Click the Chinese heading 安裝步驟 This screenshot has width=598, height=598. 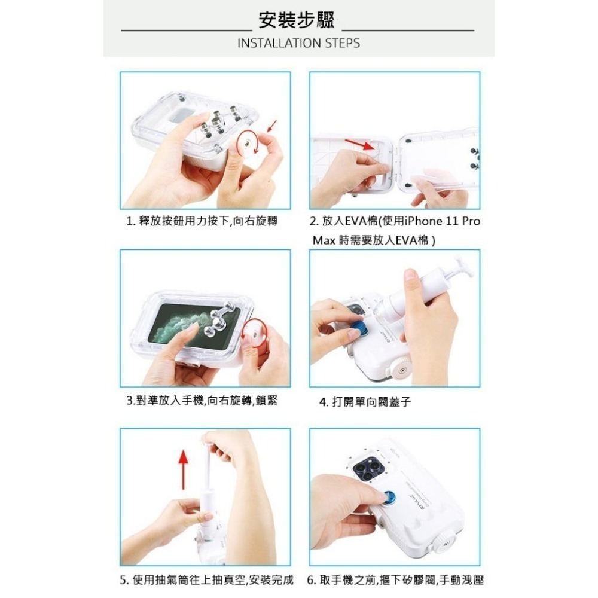[x=297, y=20]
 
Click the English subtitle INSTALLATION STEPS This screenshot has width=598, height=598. [x=298, y=43]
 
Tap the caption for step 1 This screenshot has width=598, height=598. [x=202, y=221]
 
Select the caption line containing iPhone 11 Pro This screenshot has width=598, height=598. [x=395, y=221]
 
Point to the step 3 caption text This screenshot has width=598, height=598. [x=202, y=401]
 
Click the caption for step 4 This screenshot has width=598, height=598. [x=365, y=402]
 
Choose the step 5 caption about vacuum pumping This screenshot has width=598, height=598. [x=207, y=581]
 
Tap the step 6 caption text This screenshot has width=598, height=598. [x=395, y=581]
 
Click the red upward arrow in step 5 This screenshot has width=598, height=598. [x=184, y=469]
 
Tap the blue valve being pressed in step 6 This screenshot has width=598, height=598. [x=389, y=498]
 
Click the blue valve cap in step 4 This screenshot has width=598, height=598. [x=359, y=328]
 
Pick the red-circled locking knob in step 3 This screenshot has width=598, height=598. [x=253, y=331]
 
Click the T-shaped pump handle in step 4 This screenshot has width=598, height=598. [x=463, y=265]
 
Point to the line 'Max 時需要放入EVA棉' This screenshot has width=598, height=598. [x=374, y=240]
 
